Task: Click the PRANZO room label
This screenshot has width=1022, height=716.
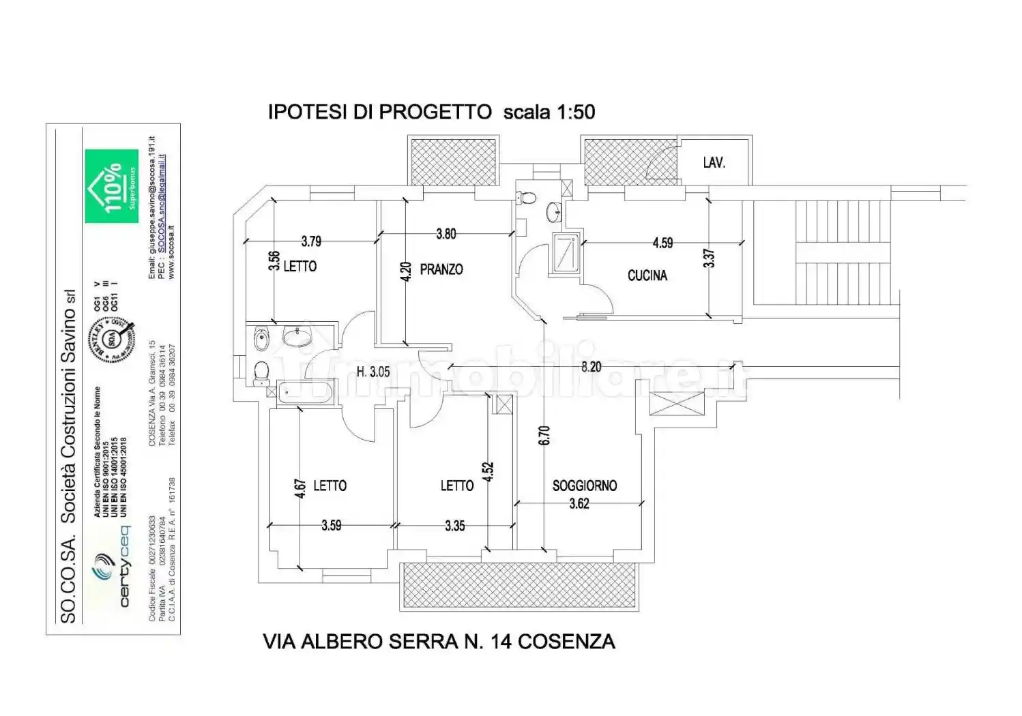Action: (441, 269)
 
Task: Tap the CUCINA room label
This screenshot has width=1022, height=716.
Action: (647, 275)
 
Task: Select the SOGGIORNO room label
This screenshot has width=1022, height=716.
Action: (584, 486)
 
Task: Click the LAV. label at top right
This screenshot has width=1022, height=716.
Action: (714, 163)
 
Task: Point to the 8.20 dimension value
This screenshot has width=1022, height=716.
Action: (591, 367)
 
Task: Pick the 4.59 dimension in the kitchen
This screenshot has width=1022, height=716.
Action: (662, 243)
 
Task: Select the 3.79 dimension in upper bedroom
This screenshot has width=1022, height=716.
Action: (311, 241)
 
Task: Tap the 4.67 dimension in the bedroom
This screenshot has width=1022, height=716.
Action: (300, 490)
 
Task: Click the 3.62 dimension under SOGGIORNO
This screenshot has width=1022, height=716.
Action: (579, 504)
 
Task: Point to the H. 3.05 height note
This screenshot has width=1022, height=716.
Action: (373, 372)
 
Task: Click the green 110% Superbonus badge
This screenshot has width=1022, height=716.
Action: (111, 186)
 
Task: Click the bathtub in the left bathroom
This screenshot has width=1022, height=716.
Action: (305, 391)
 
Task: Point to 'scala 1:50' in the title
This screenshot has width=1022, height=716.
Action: (549, 112)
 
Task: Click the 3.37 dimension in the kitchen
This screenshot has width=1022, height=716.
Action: (710, 258)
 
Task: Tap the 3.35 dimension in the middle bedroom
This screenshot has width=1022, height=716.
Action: (454, 526)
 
